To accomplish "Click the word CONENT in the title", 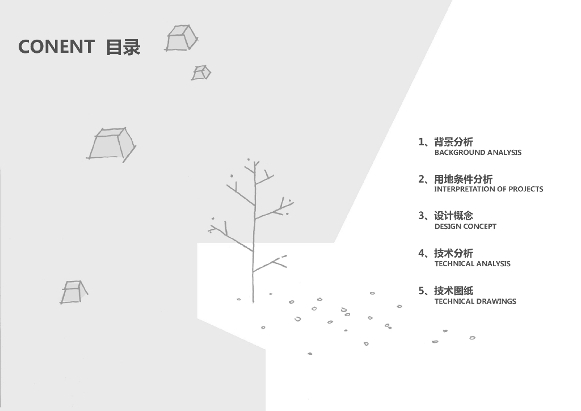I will (x=56, y=47).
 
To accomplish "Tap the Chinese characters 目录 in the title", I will (x=123, y=47).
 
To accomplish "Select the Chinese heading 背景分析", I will (x=453, y=142).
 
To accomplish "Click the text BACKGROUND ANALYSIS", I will (x=478, y=153).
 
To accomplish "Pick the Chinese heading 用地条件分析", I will (x=464, y=179).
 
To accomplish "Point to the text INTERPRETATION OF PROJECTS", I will (x=489, y=189).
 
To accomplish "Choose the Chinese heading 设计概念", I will (x=453, y=216).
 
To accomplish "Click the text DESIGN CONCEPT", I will (x=465, y=227).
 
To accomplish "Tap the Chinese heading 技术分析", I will (x=453, y=254).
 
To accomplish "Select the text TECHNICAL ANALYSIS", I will (x=472, y=264).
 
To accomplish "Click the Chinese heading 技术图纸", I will (x=453, y=291).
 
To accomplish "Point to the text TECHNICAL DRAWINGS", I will (x=475, y=301).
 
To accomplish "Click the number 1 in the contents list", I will (x=421, y=142).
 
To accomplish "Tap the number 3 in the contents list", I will (x=421, y=216).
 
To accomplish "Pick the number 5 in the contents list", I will (x=421, y=291).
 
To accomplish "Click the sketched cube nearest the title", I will (x=182, y=38).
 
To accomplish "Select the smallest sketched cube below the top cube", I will (x=201, y=73).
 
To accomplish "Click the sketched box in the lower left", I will (x=73, y=292).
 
